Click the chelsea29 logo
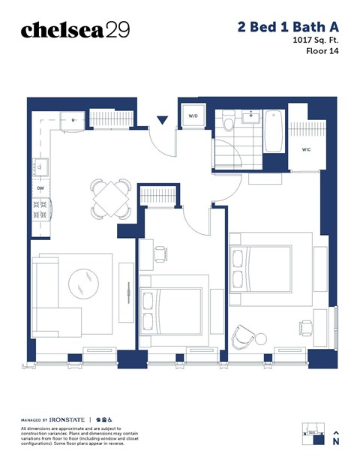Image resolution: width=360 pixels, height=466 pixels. pos(75,29)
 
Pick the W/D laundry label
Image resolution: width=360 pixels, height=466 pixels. pos(193,116)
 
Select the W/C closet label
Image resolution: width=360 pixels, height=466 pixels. pos(307,149)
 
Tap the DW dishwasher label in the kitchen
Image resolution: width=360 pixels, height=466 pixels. pos(40,189)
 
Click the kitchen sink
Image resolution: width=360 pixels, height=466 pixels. pos(42,168)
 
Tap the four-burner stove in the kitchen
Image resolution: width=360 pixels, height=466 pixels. pos(40,210)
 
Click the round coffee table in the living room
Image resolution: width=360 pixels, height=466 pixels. pos(82,284)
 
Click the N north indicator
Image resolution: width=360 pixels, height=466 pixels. pos(336,443)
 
